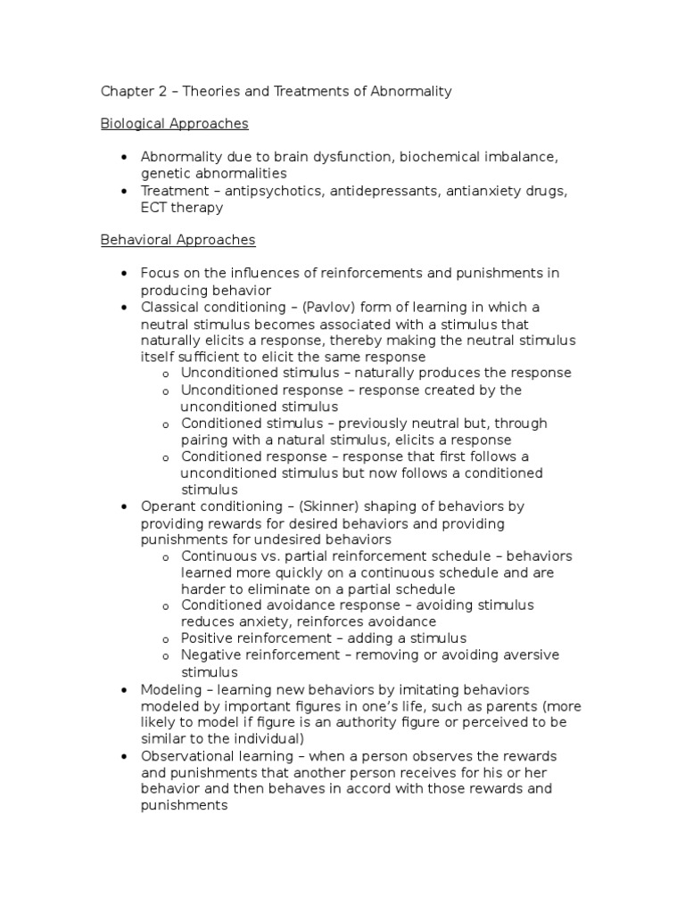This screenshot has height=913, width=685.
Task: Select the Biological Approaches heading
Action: coord(174,124)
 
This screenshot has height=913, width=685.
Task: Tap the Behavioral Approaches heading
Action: coord(177,240)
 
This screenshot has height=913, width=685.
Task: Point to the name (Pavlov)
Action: coord(331,307)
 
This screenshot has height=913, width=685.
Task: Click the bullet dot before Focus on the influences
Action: coord(124,274)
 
